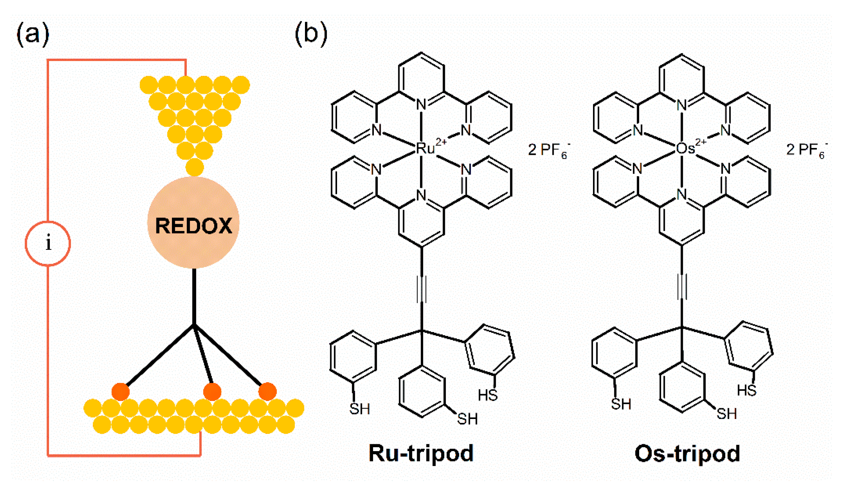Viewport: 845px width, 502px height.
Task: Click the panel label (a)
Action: (33, 34)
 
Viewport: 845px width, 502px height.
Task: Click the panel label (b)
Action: (311, 34)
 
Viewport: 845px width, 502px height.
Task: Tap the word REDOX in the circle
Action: (194, 226)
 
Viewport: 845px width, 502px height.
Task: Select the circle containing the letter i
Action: (48, 244)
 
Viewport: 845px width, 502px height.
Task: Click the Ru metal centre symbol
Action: (426, 148)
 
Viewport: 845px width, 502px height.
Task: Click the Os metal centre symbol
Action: (685, 148)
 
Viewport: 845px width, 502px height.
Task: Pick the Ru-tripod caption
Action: (421, 453)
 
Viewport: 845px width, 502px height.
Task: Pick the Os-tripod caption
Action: (687, 453)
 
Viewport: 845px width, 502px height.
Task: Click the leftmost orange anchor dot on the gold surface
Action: (120, 392)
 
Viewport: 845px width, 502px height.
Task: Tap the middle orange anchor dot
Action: (212, 392)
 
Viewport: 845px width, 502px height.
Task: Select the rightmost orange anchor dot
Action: (267, 392)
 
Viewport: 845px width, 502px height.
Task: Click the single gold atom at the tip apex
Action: (195, 167)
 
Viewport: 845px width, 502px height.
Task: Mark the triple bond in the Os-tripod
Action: (682, 287)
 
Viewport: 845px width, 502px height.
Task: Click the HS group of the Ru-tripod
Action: (488, 395)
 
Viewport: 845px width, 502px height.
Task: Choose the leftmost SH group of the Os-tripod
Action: (621, 404)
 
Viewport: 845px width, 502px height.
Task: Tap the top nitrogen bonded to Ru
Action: (421, 105)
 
